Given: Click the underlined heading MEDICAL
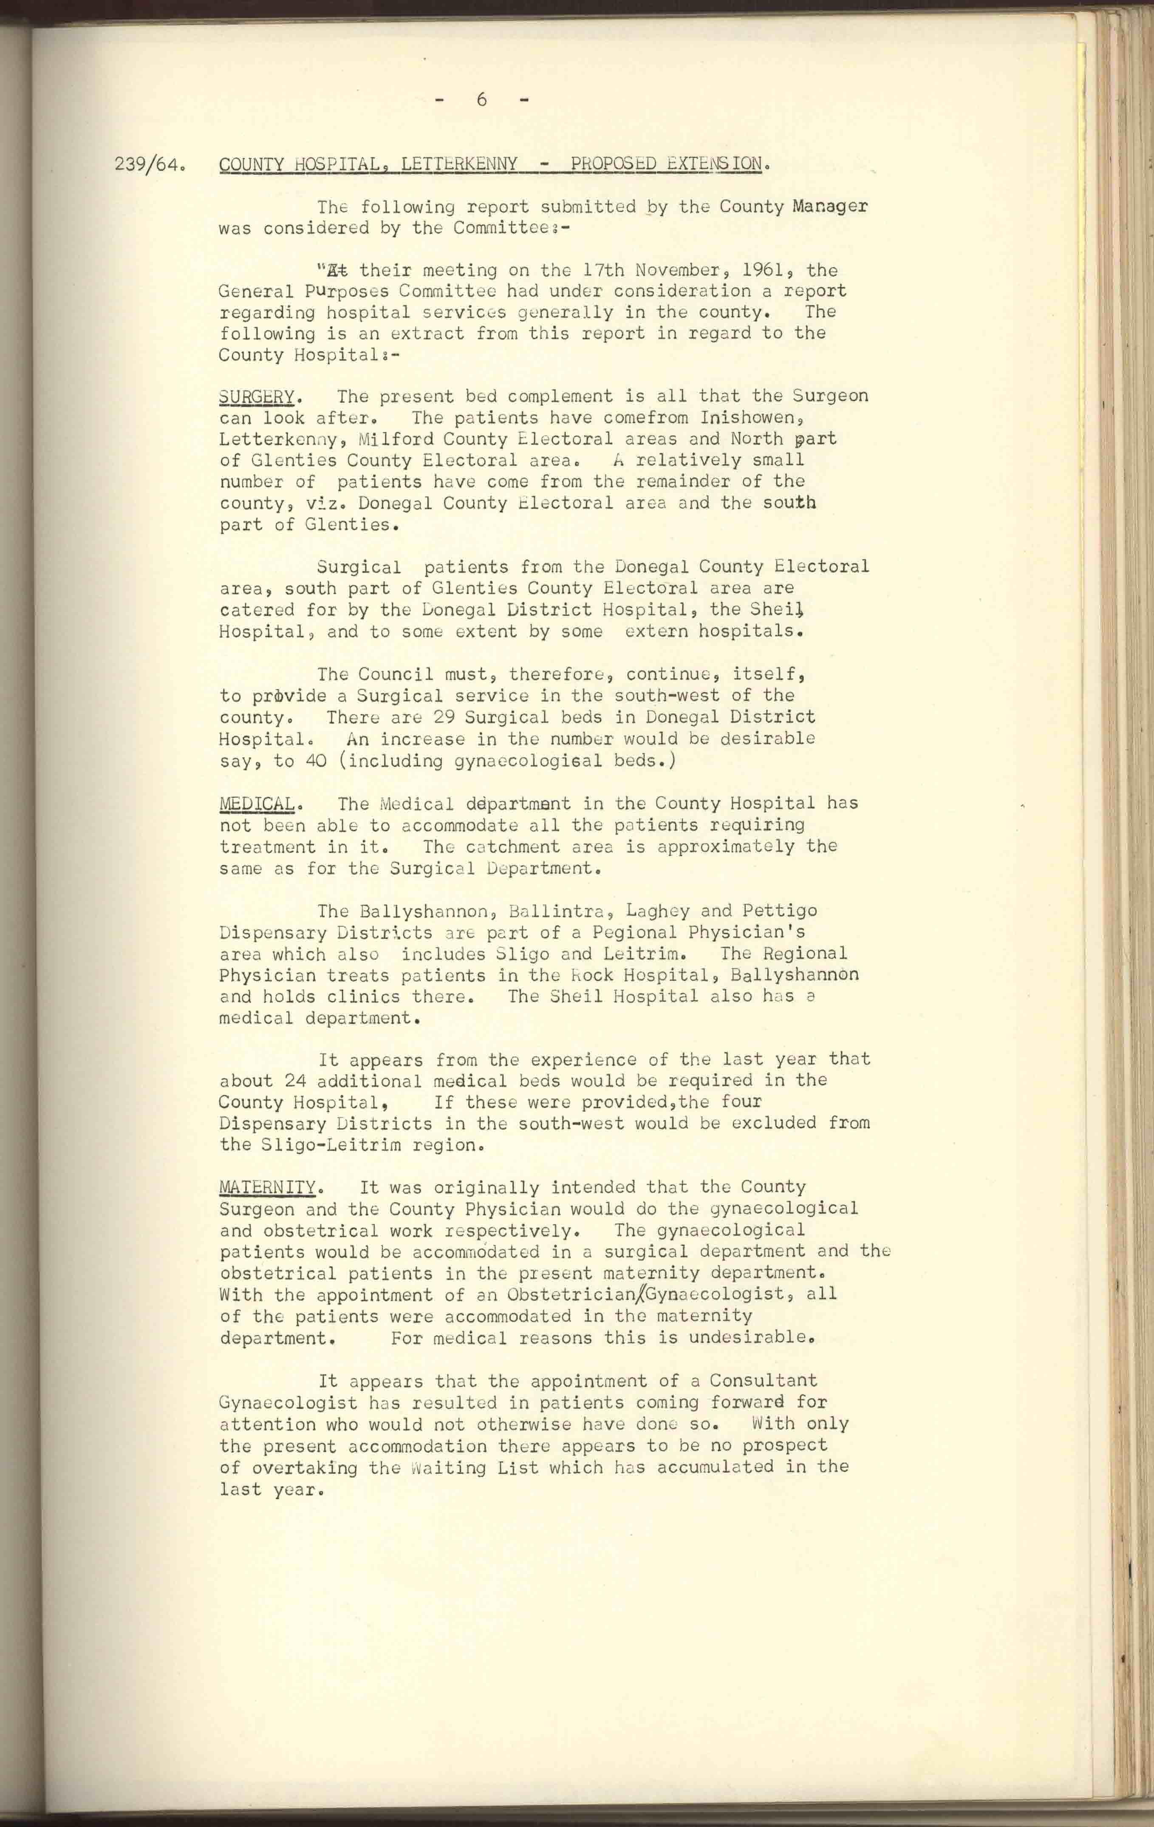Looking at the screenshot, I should (x=257, y=804).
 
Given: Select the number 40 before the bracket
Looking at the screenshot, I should (x=316, y=760).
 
